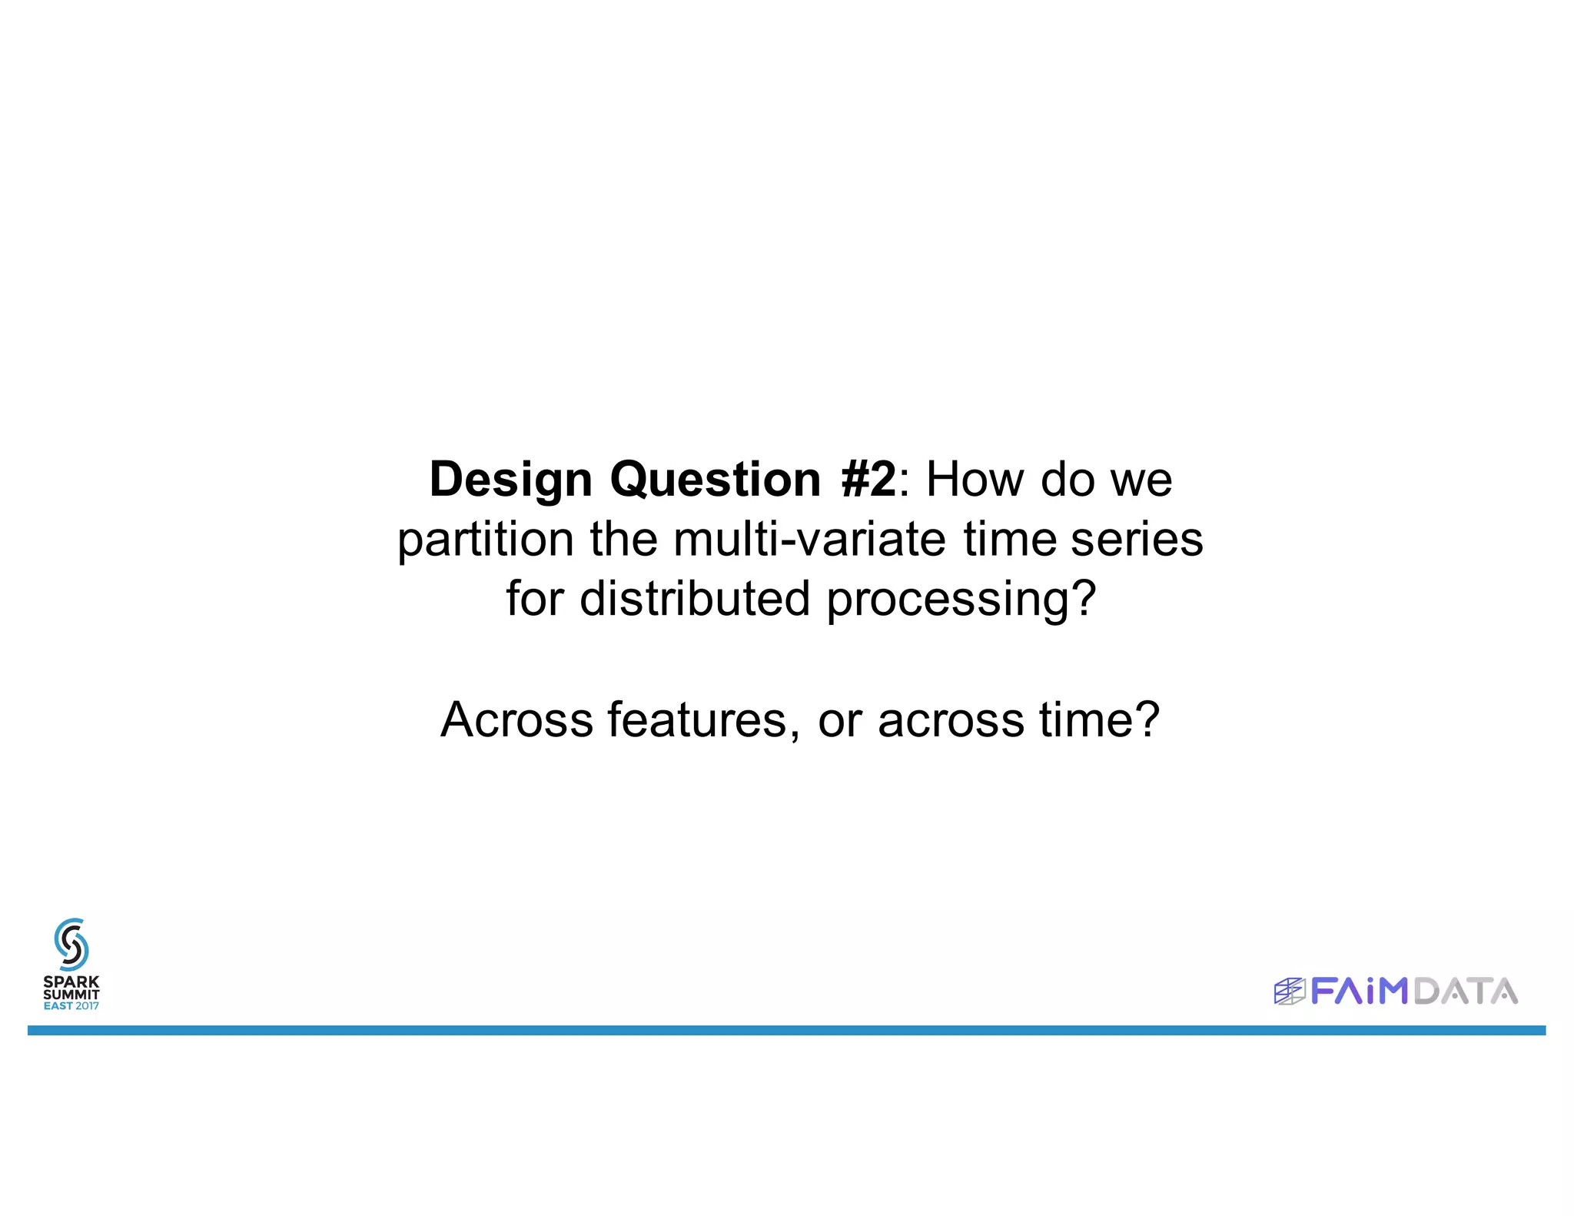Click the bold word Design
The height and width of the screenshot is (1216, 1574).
tap(510, 480)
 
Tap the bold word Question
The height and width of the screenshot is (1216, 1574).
tap(716, 480)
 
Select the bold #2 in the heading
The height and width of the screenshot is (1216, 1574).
tap(868, 480)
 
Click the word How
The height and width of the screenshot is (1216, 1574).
tap(975, 480)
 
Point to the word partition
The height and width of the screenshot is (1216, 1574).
tap(485, 540)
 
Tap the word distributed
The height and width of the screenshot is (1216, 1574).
tap(695, 600)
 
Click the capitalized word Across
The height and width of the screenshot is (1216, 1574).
tap(516, 721)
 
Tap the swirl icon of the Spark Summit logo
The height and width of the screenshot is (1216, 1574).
tap(71, 944)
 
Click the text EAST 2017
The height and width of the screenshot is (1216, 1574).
tap(71, 1006)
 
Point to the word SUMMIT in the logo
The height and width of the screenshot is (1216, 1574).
tap(71, 994)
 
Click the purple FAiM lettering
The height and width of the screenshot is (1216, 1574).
tap(1359, 992)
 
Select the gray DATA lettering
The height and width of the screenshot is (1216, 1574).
tap(1465, 992)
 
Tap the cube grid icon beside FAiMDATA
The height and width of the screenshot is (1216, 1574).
tap(1289, 992)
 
